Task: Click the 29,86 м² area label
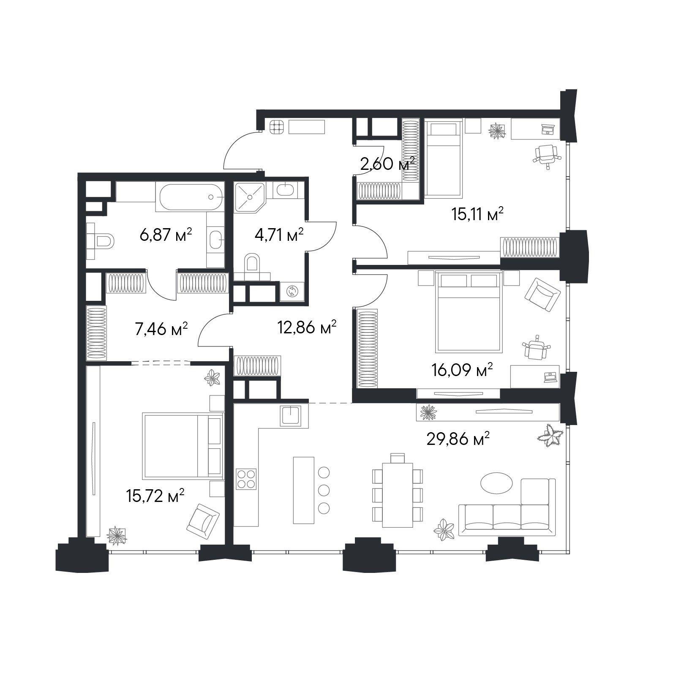[x=458, y=439]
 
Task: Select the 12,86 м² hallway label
[x=307, y=327]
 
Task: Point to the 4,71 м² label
[x=279, y=234]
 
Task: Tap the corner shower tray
[x=250, y=197]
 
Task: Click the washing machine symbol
[x=292, y=291]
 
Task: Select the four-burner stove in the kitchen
[x=246, y=479]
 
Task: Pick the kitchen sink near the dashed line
[x=291, y=416]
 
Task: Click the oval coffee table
[x=496, y=482]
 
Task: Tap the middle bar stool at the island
[x=324, y=490]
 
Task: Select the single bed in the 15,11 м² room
[x=443, y=158]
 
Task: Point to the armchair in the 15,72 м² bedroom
[x=203, y=521]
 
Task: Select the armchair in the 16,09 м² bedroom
[x=542, y=294]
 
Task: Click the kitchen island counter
[x=303, y=490]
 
